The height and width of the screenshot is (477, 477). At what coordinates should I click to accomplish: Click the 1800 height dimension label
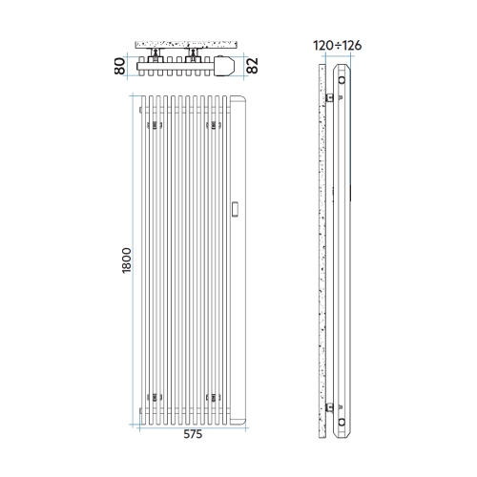pyautogui.click(x=127, y=261)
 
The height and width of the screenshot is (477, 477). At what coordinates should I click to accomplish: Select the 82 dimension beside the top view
pyautogui.click(x=252, y=67)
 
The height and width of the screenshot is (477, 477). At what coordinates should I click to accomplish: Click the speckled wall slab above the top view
pyautogui.click(x=185, y=46)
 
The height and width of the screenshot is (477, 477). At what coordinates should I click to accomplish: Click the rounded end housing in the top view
pyautogui.click(x=224, y=67)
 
